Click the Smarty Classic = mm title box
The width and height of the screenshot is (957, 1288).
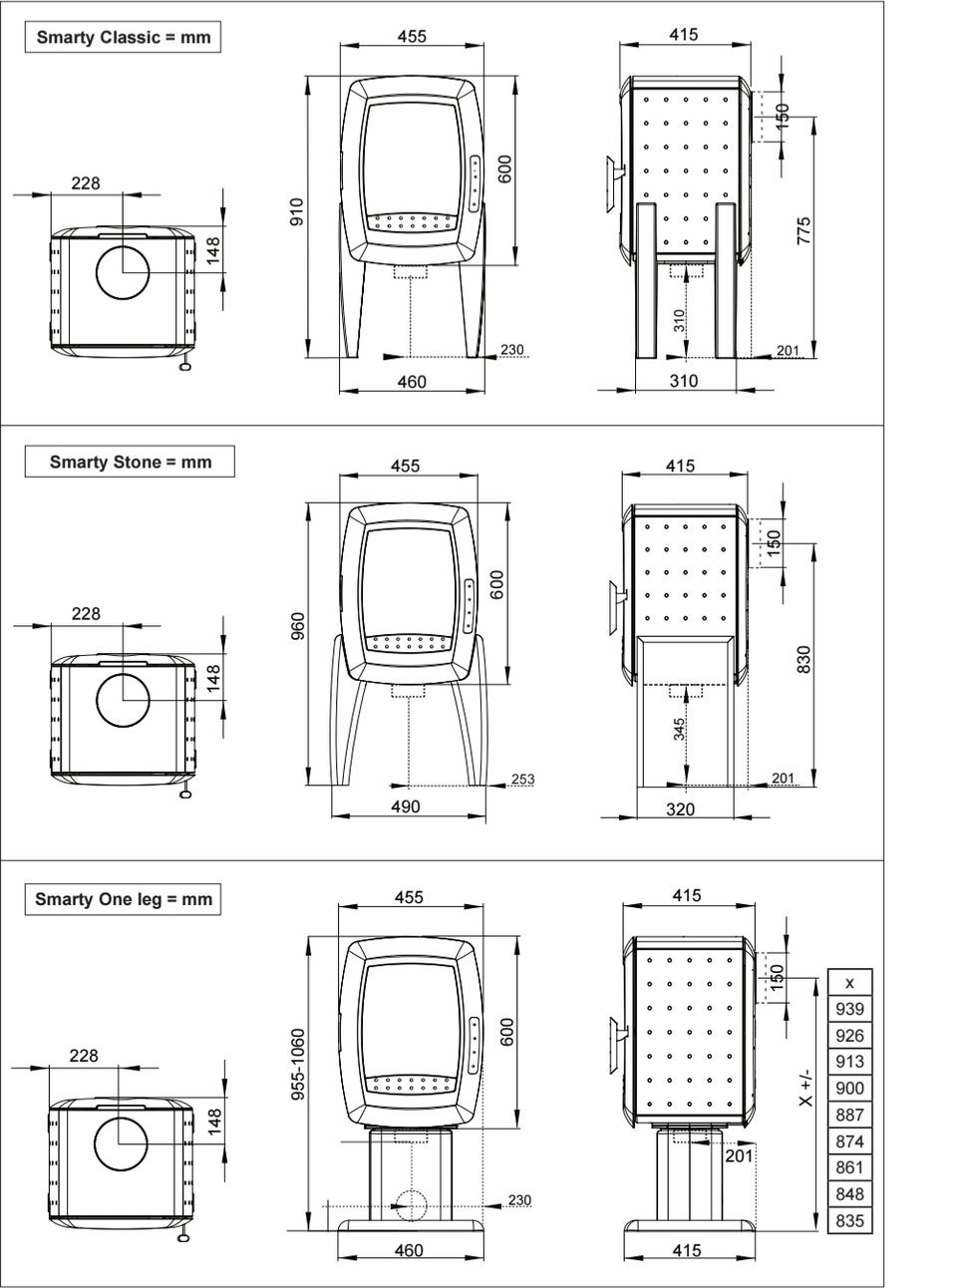tap(123, 37)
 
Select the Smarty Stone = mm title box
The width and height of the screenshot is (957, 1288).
tap(130, 462)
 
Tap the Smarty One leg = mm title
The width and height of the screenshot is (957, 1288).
tap(123, 899)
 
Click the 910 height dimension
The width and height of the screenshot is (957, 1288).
tap(297, 212)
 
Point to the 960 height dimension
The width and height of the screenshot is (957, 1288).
tap(297, 626)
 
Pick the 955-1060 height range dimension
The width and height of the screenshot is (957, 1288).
tap(297, 1064)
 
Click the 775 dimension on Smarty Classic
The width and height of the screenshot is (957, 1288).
tap(803, 231)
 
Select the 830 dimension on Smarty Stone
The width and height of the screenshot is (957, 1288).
tap(803, 659)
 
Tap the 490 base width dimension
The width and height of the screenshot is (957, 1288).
tap(406, 806)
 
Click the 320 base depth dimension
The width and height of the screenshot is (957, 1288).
tap(680, 808)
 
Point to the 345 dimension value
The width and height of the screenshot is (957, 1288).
tap(679, 730)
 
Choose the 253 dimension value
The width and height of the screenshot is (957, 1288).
tap(522, 779)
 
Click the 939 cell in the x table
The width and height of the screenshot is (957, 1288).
tap(849, 1009)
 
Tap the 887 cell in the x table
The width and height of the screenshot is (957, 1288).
tap(849, 1115)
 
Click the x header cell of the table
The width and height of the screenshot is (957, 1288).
tap(849, 983)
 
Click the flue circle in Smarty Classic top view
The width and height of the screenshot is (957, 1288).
tap(123, 272)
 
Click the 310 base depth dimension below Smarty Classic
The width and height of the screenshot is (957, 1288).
tap(684, 381)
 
